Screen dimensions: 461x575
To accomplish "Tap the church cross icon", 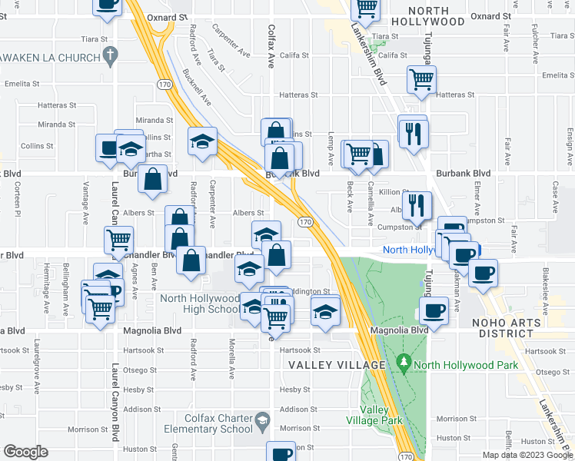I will point(111,55).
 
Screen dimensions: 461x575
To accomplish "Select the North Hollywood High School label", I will point(201,303).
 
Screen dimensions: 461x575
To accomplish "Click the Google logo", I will point(27,452).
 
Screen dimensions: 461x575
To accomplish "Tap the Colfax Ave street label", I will point(271,46).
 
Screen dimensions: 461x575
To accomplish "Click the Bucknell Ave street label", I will point(198,87).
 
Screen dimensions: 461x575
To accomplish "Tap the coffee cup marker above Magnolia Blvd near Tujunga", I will point(434,310).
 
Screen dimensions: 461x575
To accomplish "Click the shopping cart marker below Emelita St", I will point(421,78).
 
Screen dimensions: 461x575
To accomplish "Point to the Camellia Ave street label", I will point(370,196).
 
